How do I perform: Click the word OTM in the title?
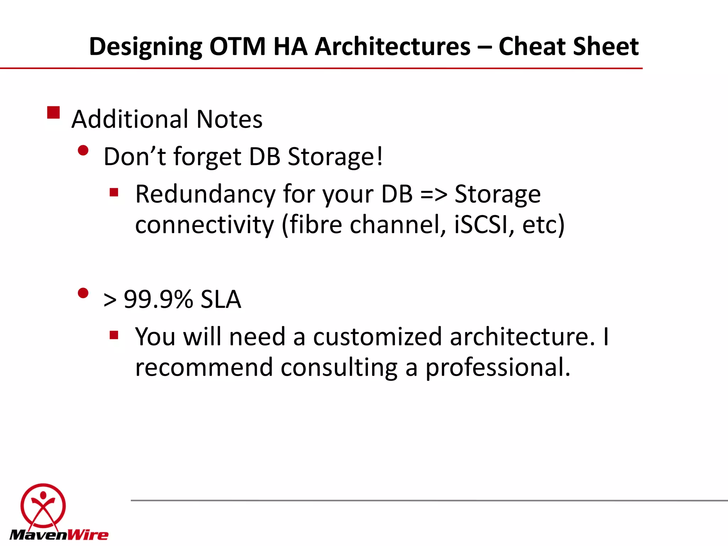[x=237, y=47]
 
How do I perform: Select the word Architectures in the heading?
[x=392, y=47]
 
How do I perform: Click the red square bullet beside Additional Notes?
[x=53, y=113]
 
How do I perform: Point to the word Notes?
[x=229, y=119]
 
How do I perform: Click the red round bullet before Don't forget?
[x=83, y=151]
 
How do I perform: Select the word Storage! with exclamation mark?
[x=335, y=156]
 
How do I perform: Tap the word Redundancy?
[x=205, y=194]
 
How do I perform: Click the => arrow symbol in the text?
[x=433, y=195]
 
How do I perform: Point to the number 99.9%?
[x=158, y=299]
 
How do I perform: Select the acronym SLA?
[x=221, y=299]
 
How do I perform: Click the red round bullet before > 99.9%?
[x=83, y=294]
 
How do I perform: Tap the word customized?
[x=377, y=337]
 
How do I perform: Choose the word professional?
[x=498, y=368]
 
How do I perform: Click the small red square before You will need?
[x=114, y=335]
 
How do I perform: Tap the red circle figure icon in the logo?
[x=43, y=505]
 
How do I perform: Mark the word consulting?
[x=339, y=368]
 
